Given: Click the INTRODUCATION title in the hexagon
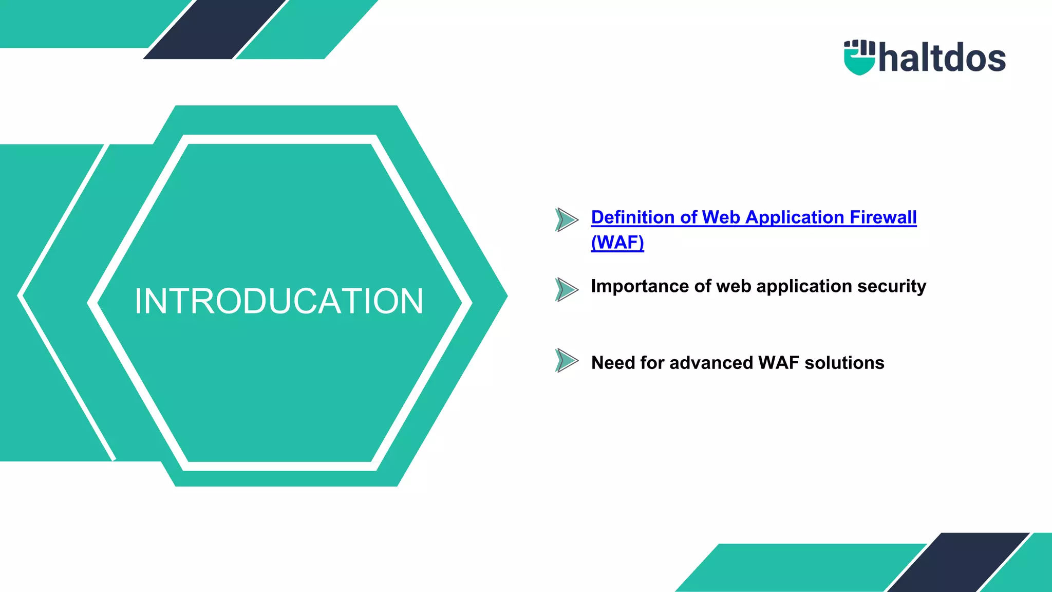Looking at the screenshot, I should (x=279, y=301).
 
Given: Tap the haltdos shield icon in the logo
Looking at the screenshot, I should (x=859, y=58).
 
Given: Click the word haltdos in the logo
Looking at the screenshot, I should (x=942, y=58).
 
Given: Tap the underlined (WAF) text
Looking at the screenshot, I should (x=617, y=242).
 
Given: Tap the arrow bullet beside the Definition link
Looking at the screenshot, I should (x=567, y=219).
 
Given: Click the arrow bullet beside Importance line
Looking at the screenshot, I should (x=567, y=289).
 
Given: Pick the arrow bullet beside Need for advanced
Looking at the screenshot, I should (x=567, y=360).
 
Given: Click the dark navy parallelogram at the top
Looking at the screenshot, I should (x=215, y=29).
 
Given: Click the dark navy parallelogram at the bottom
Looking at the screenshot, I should (x=959, y=563).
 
